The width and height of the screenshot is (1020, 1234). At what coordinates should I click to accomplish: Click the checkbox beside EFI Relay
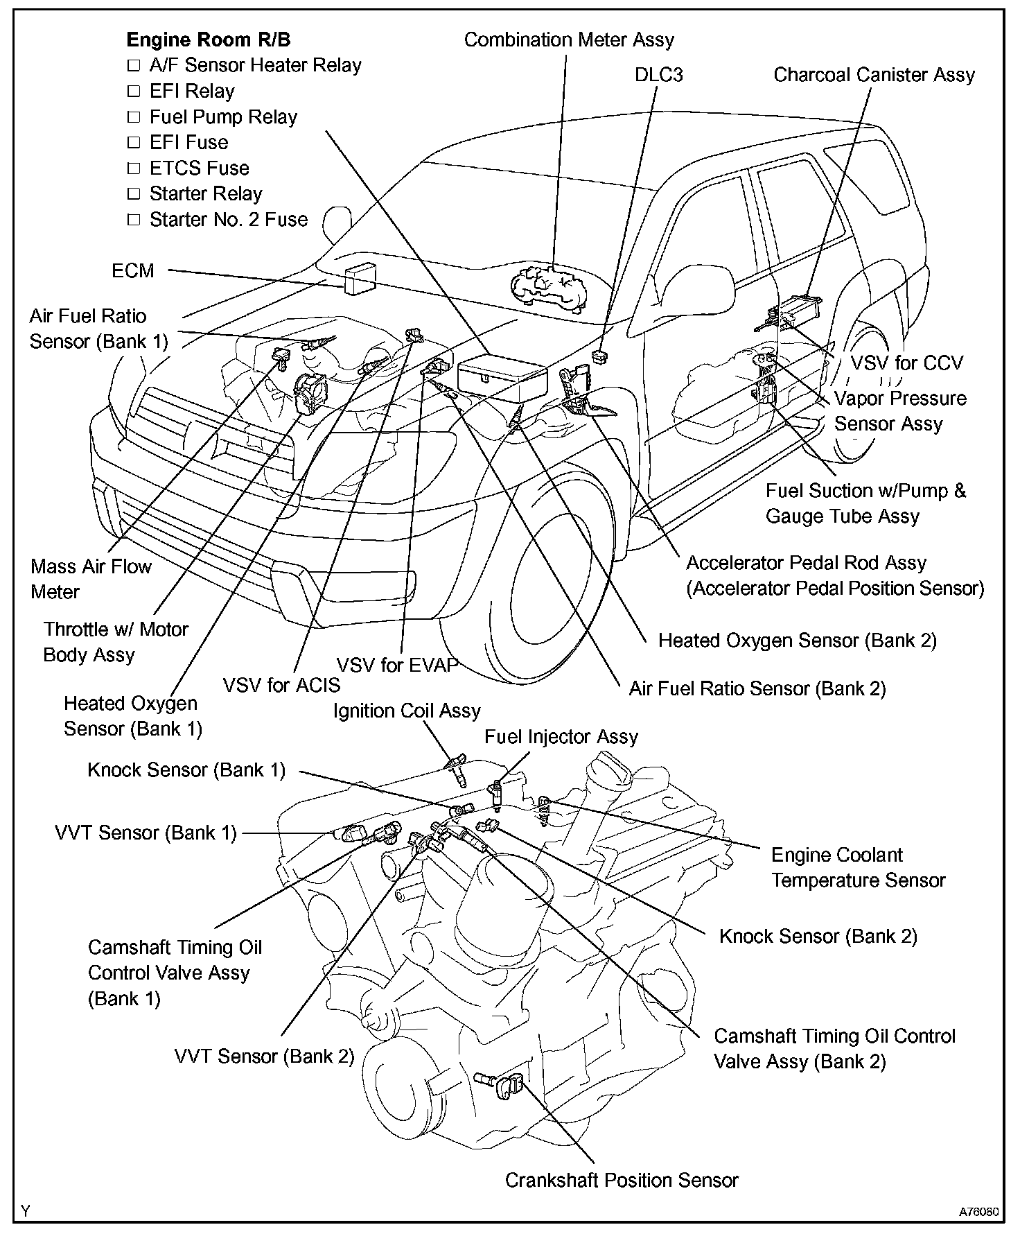coord(134,92)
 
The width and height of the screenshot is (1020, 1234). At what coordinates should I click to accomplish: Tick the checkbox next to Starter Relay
coord(134,194)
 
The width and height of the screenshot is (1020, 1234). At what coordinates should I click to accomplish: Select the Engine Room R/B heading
coord(209,40)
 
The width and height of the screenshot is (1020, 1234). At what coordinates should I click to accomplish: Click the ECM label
coord(133,270)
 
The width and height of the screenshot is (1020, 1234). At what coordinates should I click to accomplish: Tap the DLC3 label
coord(658,75)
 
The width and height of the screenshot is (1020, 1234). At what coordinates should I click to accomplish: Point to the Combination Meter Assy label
coord(569,40)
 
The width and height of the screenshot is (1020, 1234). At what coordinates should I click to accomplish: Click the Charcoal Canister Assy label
coord(874,75)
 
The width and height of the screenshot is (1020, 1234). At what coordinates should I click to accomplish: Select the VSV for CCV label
coord(906,363)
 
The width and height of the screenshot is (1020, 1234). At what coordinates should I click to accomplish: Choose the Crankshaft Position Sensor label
coord(622,1180)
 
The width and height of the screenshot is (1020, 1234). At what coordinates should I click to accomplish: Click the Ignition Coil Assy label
coord(407,711)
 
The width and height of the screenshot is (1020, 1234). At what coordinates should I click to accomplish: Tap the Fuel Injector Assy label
coord(561,737)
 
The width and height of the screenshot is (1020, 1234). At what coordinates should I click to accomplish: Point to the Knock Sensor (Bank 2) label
coord(818,937)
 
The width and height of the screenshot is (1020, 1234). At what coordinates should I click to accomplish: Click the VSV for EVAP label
coord(398,666)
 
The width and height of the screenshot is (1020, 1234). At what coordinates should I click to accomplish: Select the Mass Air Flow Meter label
coord(91,579)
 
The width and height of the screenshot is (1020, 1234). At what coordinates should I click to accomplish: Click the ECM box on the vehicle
coord(359,278)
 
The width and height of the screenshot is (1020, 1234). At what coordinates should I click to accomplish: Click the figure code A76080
coord(978,1213)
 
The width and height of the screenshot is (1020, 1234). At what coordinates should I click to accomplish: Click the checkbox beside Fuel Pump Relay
coord(134,117)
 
